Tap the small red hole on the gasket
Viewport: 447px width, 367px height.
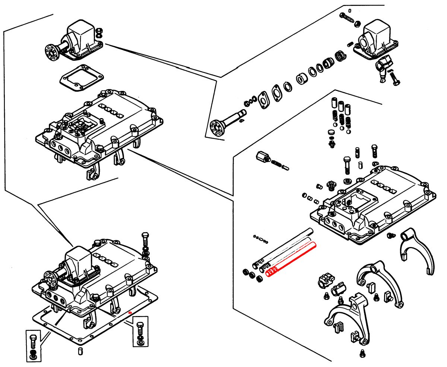pos(130,312)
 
